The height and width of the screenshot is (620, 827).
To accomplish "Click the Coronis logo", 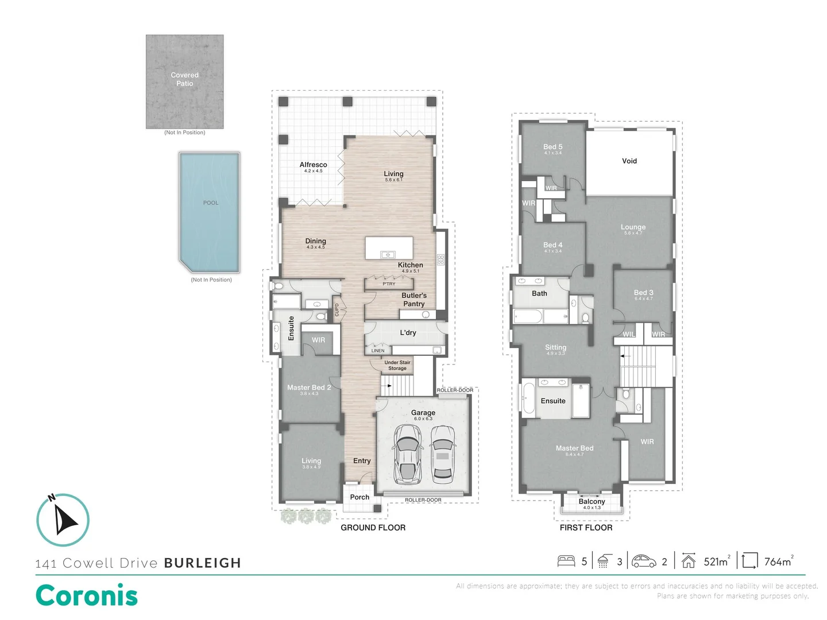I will tap(87, 595).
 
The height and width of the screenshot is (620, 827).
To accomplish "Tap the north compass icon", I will tap(63, 520).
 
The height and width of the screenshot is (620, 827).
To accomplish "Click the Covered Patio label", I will tap(184, 79).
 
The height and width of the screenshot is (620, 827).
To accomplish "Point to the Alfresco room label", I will tap(313, 165).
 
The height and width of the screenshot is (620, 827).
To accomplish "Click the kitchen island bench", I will tap(389, 248).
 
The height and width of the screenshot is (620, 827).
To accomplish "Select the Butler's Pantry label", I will tap(413, 300).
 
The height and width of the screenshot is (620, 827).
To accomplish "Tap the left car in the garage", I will tap(407, 454).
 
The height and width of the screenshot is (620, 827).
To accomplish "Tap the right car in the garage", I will tap(443, 454).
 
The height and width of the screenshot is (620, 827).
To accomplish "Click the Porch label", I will tap(360, 497).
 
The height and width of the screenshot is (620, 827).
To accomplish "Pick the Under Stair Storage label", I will tap(397, 365).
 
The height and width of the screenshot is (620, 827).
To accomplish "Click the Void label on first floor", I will tap(629, 161).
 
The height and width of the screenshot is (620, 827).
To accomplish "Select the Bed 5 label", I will tap(552, 147).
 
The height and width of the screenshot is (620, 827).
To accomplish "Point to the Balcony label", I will tap(592, 502).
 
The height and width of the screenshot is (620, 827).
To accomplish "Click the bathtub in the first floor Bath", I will tap(527, 316).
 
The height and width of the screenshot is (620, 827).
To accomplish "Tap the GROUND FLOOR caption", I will tap(373, 528).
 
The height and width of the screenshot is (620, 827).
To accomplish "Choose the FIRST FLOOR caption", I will tap(586, 528).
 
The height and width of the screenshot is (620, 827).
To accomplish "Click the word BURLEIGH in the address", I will tap(203, 563).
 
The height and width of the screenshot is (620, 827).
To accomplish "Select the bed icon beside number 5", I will tap(566, 561).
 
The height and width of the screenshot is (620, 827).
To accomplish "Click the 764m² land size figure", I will tap(778, 562).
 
